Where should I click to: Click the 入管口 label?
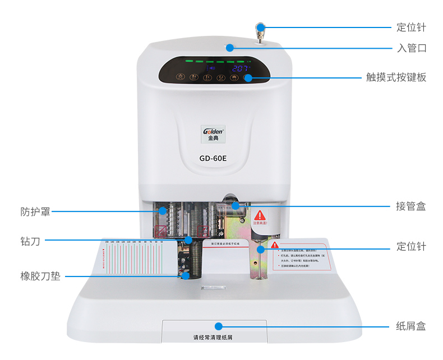click(412, 48)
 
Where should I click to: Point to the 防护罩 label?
click(35, 212)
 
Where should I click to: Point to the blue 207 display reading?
click(241, 68)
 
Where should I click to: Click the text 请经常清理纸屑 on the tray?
click(213, 338)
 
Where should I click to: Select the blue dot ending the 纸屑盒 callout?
click(218, 326)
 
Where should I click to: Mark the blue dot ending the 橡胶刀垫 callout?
click(186, 275)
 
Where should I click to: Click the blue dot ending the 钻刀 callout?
click(188, 240)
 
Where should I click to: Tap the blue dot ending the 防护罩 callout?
click(163, 211)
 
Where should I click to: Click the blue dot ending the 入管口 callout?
click(230, 48)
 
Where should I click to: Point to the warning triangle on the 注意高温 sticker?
click(259, 215)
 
